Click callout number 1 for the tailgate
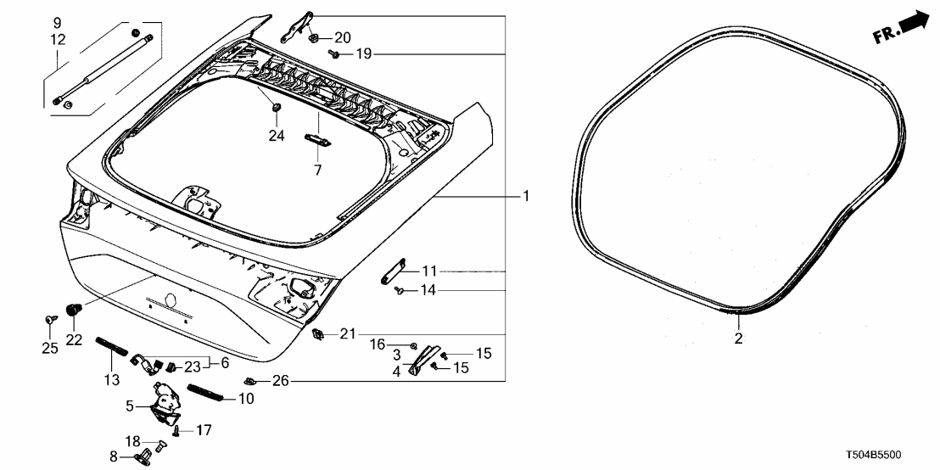pyautogui.click(x=526, y=196)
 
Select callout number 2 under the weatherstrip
pyautogui.click(x=738, y=339)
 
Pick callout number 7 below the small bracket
pyautogui.click(x=318, y=171)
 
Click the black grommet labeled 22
pyautogui.click(x=73, y=311)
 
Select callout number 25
pyautogui.click(x=50, y=348)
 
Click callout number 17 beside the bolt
pyautogui.click(x=203, y=431)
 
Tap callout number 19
pyautogui.click(x=364, y=54)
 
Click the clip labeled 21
pyautogui.click(x=319, y=333)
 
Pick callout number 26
pyautogui.click(x=281, y=380)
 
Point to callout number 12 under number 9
pyautogui.click(x=57, y=39)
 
